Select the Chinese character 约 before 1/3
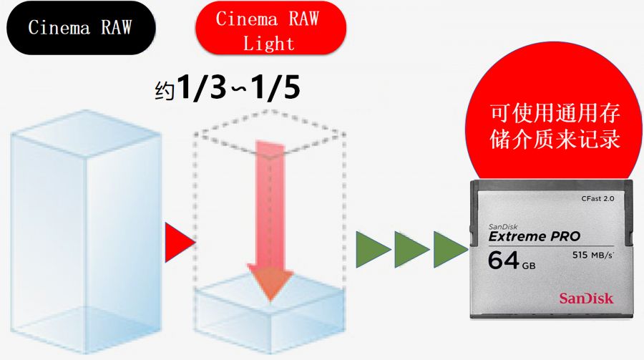(165, 92)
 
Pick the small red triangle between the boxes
(177, 243)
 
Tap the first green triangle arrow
(372, 249)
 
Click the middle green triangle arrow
(411, 249)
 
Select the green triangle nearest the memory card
(449, 249)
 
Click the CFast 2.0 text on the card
(597, 198)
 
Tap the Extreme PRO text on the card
(534, 236)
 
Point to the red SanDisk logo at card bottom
(587, 298)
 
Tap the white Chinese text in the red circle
(555, 125)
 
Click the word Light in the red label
(268, 44)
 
